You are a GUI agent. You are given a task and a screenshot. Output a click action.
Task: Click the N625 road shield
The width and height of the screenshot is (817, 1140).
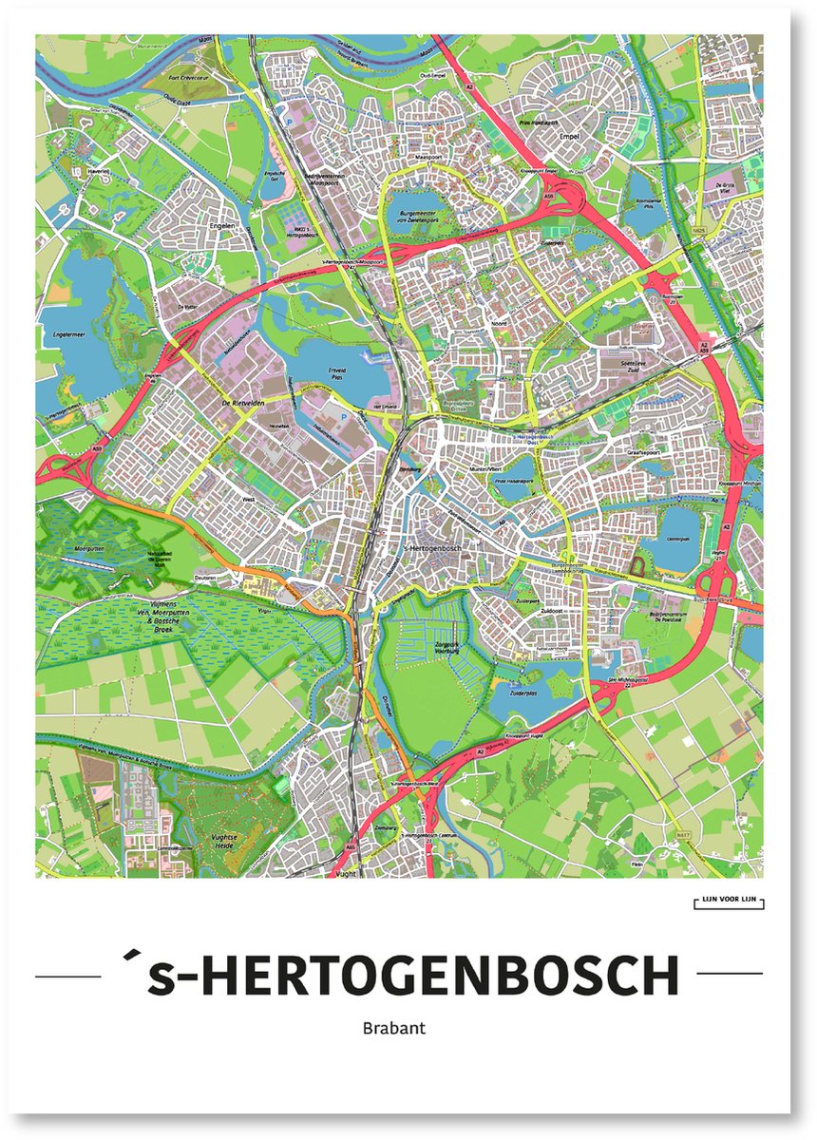click(700, 230)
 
